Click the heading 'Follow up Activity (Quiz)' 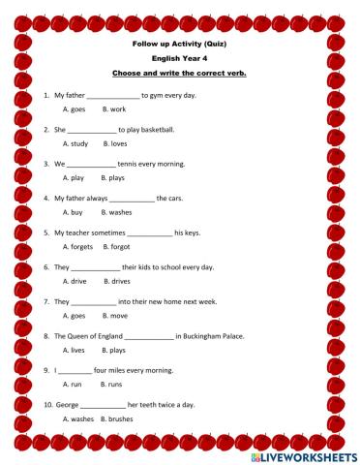180,44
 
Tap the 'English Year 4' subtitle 180,58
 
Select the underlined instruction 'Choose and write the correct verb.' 180,73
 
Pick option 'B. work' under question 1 113,109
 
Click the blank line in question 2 92,129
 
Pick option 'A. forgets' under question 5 78,247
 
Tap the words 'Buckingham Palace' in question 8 219,336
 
